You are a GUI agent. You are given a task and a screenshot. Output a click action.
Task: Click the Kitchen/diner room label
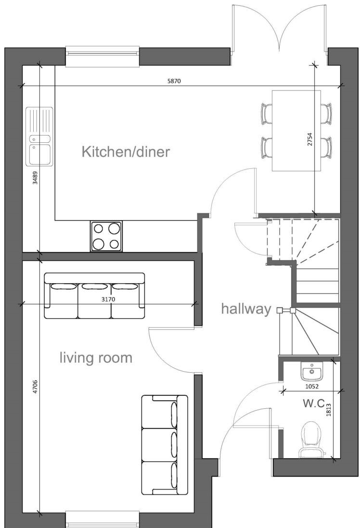(126, 152)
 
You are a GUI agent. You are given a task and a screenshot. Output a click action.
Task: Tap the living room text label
(96, 358)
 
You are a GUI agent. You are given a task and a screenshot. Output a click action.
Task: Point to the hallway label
(246, 309)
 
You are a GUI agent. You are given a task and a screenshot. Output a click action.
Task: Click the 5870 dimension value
(174, 81)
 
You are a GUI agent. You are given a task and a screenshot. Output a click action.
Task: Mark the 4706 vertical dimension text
(35, 387)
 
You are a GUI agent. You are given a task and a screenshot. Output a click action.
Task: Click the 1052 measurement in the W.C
(312, 386)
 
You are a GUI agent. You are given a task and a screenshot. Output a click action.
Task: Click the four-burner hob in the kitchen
(106, 236)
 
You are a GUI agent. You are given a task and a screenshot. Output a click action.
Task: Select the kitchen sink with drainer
(39, 137)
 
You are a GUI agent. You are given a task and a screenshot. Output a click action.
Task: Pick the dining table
(296, 130)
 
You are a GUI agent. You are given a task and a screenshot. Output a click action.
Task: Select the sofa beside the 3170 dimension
(94, 296)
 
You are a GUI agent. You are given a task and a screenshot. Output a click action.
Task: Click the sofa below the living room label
(164, 445)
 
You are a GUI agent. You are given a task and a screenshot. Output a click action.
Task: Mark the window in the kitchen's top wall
(103, 56)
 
